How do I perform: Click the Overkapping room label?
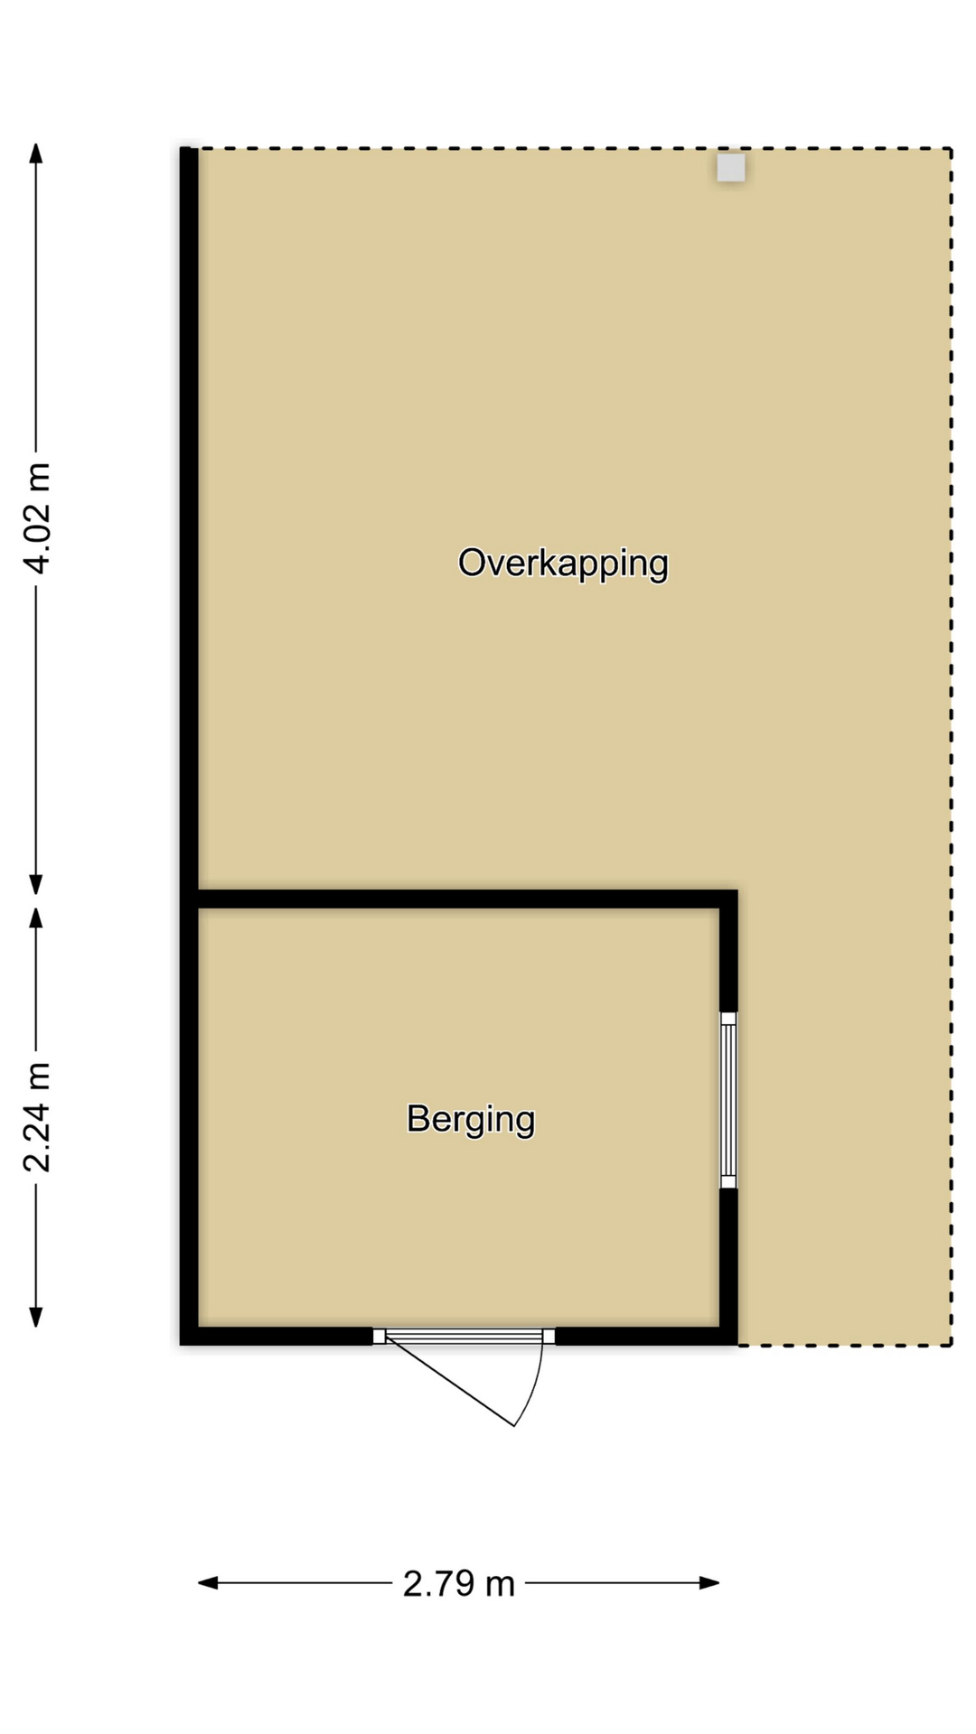[x=563, y=564]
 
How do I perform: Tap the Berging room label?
[x=471, y=1120]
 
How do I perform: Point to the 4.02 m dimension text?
[x=37, y=517]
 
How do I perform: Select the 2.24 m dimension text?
[x=37, y=1116]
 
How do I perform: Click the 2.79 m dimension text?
[x=458, y=1583]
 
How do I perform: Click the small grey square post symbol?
[x=731, y=168]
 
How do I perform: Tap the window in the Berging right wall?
[x=728, y=1100]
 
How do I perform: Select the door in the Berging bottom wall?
[x=464, y=1336]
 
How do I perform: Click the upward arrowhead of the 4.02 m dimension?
[x=36, y=153]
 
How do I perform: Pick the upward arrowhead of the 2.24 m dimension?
[x=36, y=918]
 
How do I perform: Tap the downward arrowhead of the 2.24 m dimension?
[x=36, y=1317]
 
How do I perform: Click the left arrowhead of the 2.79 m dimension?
[x=208, y=1582]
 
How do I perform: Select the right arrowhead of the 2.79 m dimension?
[x=709, y=1582]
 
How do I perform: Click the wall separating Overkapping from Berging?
[x=467, y=899]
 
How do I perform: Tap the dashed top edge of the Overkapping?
[x=575, y=148]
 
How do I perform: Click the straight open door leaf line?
[x=449, y=1382]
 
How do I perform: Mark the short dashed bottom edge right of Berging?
[x=845, y=1345]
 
